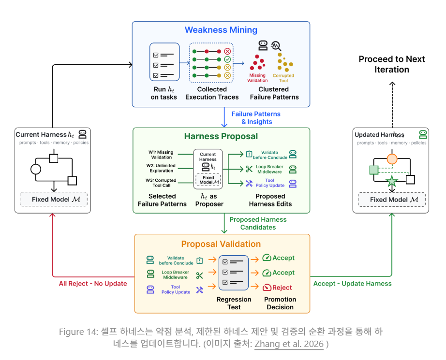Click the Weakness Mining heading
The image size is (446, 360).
tap(221, 30)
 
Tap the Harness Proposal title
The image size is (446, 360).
tap(221, 136)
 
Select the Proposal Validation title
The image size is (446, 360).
tap(221, 244)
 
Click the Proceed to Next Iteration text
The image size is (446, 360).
tap(392, 64)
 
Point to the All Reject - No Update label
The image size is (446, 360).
tap(93, 284)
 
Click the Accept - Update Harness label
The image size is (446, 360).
tap(353, 284)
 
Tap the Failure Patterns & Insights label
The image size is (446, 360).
tap(256, 117)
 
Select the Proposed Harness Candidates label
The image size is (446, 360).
tap(258, 223)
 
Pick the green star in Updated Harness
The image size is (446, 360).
tap(392, 181)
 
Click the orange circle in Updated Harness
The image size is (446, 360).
tap(392, 159)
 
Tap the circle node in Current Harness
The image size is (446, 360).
tap(36, 169)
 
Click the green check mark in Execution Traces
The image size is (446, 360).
tap(227, 59)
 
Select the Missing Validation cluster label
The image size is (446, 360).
tap(257, 78)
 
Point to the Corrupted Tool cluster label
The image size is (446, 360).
tap(283, 78)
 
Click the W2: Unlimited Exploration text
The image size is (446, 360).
tap(161, 168)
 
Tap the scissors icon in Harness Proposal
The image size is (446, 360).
tap(249, 169)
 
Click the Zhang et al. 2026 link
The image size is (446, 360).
tap(289, 344)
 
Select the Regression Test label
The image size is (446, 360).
tap(234, 303)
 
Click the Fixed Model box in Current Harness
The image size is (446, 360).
tap(54, 200)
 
